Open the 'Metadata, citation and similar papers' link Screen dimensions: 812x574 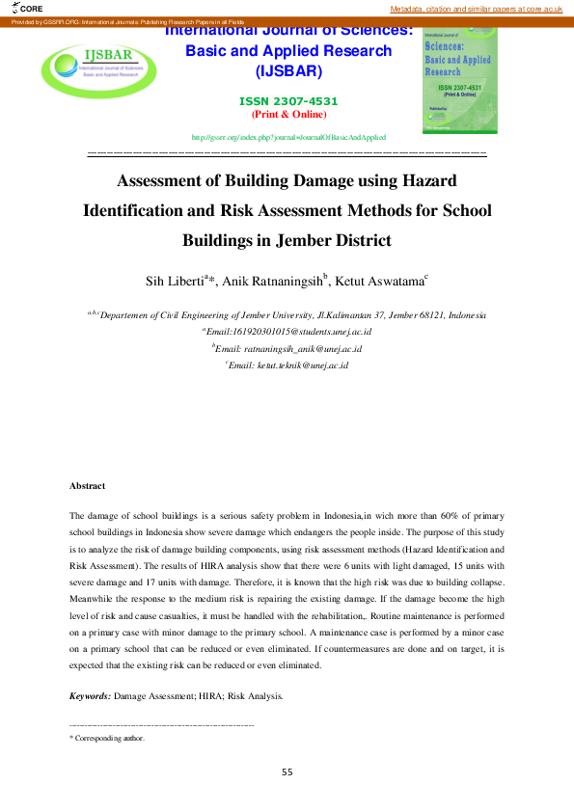pos(476,8)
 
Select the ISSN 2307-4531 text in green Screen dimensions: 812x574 pos(288,101)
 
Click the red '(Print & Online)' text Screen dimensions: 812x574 pos(288,114)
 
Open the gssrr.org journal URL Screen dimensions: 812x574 pos(288,138)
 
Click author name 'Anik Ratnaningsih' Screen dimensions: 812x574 pos(274,281)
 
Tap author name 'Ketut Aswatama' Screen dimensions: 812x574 pos(378,281)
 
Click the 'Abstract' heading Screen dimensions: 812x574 pos(88,486)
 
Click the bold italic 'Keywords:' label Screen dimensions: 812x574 pos(91,695)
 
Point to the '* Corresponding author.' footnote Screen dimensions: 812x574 pos(108,738)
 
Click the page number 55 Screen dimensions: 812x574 pos(287,772)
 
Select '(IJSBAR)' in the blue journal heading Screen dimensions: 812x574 pos(288,70)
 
